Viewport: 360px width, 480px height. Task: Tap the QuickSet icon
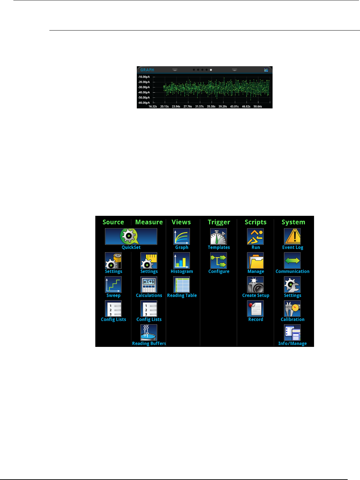coord(131,236)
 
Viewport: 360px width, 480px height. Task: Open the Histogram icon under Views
coord(181,261)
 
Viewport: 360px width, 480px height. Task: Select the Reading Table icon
coord(181,285)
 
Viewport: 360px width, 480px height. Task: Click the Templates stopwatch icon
coord(218,237)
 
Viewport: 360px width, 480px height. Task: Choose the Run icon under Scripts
coord(255,237)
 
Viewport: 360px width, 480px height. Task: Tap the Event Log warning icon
coord(292,237)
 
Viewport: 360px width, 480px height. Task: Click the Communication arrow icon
coord(292,261)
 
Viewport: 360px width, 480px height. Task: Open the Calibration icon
coord(292,309)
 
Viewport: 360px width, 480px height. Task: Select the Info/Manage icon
coord(292,333)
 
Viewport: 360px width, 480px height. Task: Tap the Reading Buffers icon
coord(149,333)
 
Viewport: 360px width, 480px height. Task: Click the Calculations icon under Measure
coord(149,285)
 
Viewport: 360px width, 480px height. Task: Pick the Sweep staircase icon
coord(113,285)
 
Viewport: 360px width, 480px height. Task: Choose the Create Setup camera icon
coord(255,285)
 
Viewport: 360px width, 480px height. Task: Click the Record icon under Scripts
coord(255,309)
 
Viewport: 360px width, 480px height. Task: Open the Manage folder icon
coord(255,261)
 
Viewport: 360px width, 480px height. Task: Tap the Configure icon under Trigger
coord(218,261)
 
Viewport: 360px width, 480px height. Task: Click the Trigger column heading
coord(219,222)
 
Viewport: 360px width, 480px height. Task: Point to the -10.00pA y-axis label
coord(144,77)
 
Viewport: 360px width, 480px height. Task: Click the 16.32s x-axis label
coord(153,106)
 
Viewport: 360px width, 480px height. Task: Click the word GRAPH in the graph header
coord(147,70)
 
